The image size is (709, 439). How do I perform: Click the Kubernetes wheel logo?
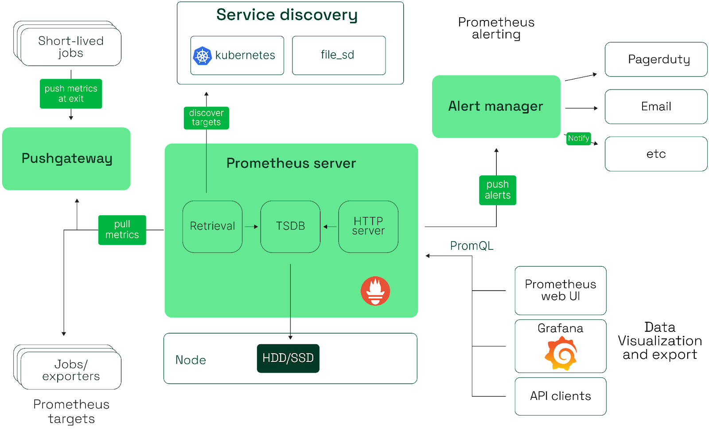(x=203, y=56)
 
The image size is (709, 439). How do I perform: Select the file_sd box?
(x=339, y=55)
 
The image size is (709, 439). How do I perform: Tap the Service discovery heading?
(x=287, y=15)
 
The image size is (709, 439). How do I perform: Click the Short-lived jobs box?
(x=70, y=47)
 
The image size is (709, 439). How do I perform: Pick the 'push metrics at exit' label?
(x=71, y=94)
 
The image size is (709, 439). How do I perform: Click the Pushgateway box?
(x=66, y=159)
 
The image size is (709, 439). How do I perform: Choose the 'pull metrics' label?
(x=122, y=229)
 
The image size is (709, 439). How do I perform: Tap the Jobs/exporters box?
(x=71, y=370)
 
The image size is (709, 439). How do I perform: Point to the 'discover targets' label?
(x=206, y=118)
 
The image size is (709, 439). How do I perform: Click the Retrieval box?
(x=212, y=226)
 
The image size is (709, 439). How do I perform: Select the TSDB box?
(x=290, y=226)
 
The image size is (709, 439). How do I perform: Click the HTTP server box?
(x=368, y=226)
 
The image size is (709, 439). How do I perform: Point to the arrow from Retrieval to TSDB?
(x=251, y=226)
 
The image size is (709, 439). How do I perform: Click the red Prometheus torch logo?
(x=375, y=291)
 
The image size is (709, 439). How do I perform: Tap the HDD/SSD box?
(x=288, y=358)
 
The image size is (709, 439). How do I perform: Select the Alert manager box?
(x=496, y=106)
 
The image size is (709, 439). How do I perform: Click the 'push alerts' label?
(x=497, y=190)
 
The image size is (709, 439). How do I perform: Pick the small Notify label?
(x=578, y=138)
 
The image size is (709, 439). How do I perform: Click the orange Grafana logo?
(x=561, y=353)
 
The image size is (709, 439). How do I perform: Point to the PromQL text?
(x=472, y=246)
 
